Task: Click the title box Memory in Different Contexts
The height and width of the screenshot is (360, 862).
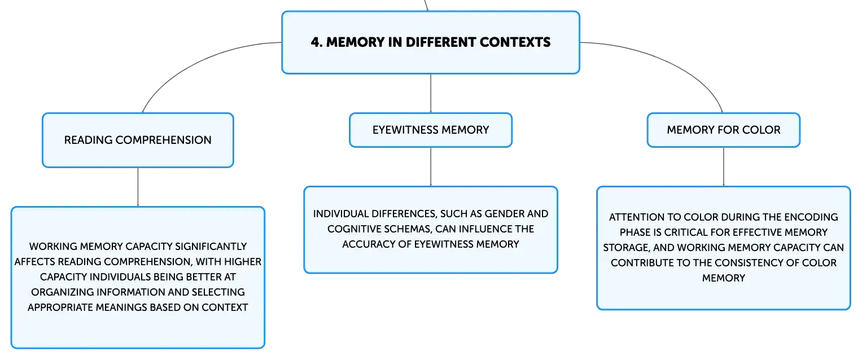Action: [x=430, y=42]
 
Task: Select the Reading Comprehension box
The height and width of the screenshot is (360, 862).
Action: [x=138, y=140]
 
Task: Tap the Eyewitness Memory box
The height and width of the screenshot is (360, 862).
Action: [x=431, y=130]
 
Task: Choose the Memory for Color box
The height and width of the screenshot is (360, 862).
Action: [x=723, y=130]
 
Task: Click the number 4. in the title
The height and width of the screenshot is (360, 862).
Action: [x=316, y=42]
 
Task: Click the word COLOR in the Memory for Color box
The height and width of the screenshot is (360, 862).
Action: [x=765, y=130]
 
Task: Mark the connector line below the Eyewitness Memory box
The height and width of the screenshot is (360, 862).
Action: [x=431, y=167]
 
